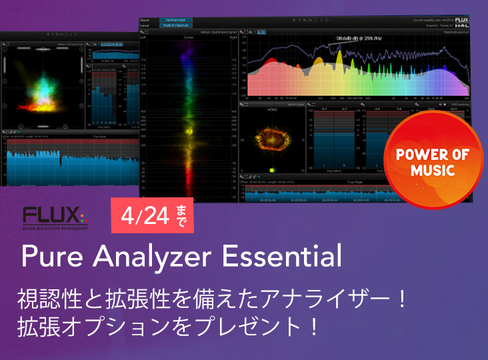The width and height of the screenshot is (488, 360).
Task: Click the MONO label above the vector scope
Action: pyautogui.click(x=272, y=109)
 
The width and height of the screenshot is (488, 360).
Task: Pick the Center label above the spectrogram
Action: pyautogui.click(x=189, y=38)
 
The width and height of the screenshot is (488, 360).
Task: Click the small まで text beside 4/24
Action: pyautogui.click(x=183, y=216)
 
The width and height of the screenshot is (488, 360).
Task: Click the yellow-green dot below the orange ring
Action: pyautogui.click(x=271, y=169)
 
